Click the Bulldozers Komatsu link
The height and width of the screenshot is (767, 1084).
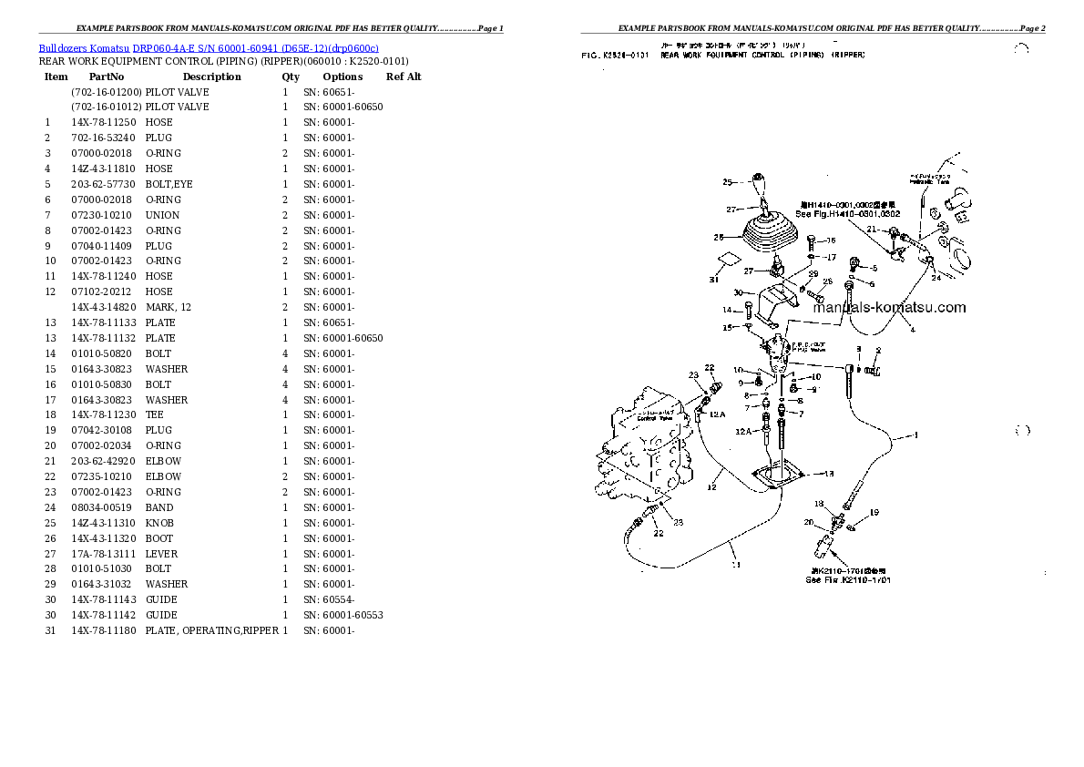[84, 47]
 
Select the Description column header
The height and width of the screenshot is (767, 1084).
[211, 77]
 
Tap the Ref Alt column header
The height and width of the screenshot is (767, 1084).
[404, 77]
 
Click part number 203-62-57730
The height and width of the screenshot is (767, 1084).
[104, 184]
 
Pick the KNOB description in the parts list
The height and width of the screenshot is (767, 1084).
[159, 523]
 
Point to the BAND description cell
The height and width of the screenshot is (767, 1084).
[159, 507]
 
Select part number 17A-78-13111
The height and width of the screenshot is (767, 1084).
[104, 554]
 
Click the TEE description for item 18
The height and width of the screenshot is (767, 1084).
[154, 414]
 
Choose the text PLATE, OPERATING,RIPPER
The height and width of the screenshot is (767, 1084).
[211, 630]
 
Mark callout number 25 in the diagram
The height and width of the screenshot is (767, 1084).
[727, 182]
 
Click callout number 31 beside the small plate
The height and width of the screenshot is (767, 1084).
[713, 280]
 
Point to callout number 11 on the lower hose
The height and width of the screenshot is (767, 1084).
[735, 565]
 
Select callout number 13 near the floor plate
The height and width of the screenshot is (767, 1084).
[829, 474]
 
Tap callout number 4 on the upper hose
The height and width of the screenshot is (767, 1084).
[912, 330]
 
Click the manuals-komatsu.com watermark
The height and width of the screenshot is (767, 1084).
[888, 308]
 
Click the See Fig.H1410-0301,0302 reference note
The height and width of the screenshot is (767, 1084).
[847, 213]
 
